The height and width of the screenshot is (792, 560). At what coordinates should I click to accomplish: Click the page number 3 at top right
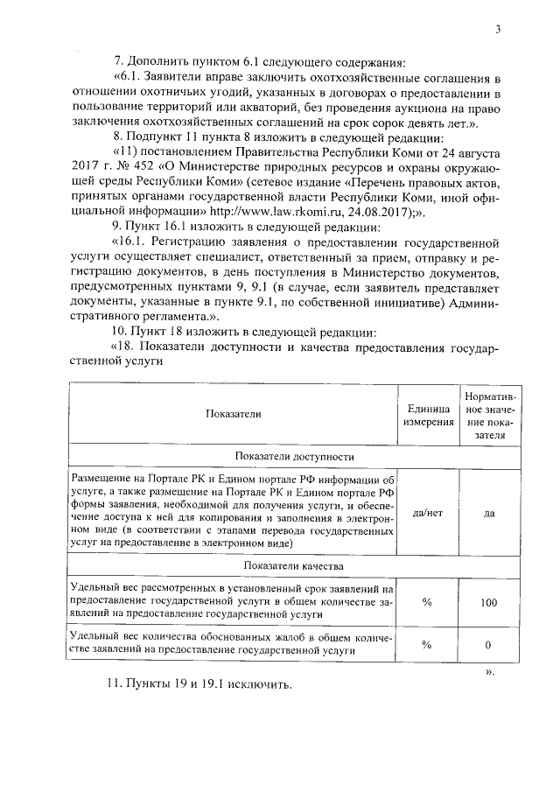[497, 30]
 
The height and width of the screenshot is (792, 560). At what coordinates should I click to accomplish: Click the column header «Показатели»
[234, 416]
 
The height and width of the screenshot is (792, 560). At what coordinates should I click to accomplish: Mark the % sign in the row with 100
[428, 603]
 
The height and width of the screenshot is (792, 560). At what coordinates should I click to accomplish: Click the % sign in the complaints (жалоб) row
[428, 645]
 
